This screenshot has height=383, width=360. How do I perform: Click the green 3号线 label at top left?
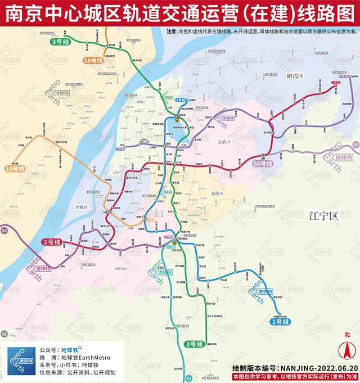(x=59, y=42)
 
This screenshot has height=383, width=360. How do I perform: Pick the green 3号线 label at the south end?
(x=193, y=344)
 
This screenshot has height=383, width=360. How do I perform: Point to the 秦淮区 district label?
(x=215, y=193)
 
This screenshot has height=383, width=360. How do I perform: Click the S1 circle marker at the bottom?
(x=190, y=379)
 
